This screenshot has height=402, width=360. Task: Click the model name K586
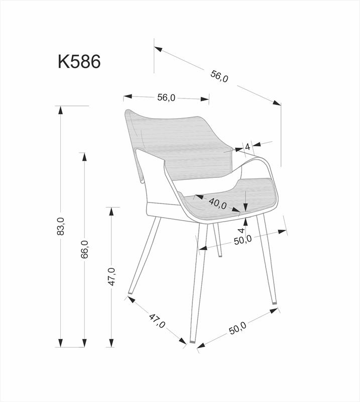(x=79, y=61)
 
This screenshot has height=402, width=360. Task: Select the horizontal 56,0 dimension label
(x=166, y=97)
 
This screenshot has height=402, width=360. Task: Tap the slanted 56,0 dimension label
(x=219, y=76)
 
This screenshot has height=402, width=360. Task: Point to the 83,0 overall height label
(x=61, y=226)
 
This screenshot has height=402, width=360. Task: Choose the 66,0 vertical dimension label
(x=84, y=249)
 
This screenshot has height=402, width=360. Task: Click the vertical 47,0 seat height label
(x=111, y=276)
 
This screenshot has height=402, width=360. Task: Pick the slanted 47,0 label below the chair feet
(x=157, y=321)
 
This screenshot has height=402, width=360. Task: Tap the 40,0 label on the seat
(x=218, y=204)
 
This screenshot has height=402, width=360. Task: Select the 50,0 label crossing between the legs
(x=243, y=240)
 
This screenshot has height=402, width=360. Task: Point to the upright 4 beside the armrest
(x=248, y=147)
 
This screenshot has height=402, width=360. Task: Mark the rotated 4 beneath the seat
(x=242, y=230)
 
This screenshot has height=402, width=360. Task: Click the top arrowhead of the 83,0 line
(x=60, y=110)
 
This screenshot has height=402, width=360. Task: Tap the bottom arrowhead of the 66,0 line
(x=84, y=343)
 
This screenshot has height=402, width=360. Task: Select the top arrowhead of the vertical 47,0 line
(x=111, y=211)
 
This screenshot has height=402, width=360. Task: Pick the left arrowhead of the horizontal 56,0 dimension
(x=128, y=96)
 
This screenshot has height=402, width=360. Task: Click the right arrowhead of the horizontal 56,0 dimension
(x=205, y=99)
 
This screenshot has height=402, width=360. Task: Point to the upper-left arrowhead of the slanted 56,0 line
(x=159, y=49)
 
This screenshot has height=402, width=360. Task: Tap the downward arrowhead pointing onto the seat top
(x=246, y=208)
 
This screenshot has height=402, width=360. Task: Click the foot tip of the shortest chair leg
(x=220, y=256)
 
